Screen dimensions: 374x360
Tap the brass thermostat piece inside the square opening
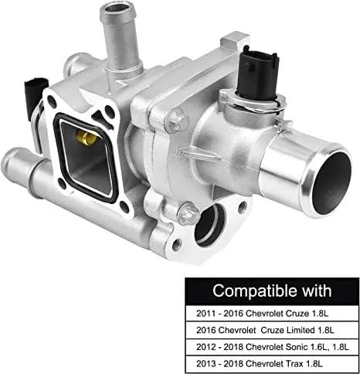click(x=85, y=139)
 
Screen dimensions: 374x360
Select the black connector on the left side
click(x=30, y=95)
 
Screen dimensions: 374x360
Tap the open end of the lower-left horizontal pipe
click(x=11, y=161)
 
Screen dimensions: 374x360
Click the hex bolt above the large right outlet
click(x=176, y=119)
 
